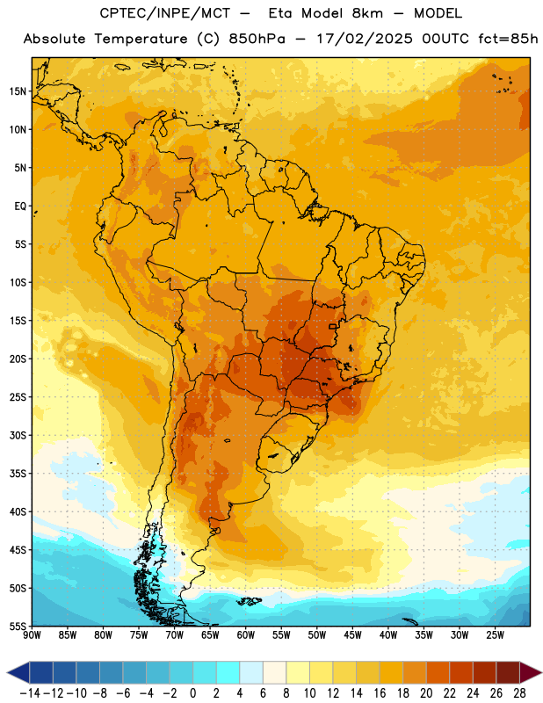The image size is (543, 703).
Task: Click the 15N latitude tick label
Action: pyautogui.click(x=18, y=91)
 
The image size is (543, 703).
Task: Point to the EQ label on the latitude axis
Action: pyautogui.click(x=20, y=207)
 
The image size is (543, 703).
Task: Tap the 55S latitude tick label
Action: pyautogui.click(x=18, y=626)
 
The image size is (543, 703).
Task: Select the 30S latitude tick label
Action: pyautogui.click(x=18, y=435)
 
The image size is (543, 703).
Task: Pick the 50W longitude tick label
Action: pyautogui.click(x=317, y=635)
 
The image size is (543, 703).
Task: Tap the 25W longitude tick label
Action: pyautogui.click(x=495, y=635)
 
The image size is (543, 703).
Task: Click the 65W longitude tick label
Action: pyautogui.click(x=210, y=635)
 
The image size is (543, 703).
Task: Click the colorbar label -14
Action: pyautogui.click(x=31, y=693)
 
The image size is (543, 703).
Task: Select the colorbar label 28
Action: pyautogui.click(x=519, y=693)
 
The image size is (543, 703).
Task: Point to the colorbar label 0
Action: pyautogui.click(x=192, y=693)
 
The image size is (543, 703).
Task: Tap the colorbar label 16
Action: pyautogui.click(x=380, y=693)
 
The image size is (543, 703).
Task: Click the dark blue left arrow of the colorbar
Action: pyautogui.click(x=18, y=672)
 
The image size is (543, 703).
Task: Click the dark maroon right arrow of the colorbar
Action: pyautogui.click(x=531, y=672)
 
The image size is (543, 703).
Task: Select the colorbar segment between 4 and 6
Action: pyautogui.click(x=251, y=672)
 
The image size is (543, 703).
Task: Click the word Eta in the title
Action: pyautogui.click(x=280, y=13)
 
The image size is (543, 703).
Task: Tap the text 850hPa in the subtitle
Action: pyautogui.click(x=257, y=39)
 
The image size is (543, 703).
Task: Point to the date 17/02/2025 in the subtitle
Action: pyautogui.click(x=365, y=39)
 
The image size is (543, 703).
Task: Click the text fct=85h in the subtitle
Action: pyautogui.click(x=508, y=39)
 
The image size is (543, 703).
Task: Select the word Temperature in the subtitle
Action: pyautogui.click(x=141, y=40)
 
